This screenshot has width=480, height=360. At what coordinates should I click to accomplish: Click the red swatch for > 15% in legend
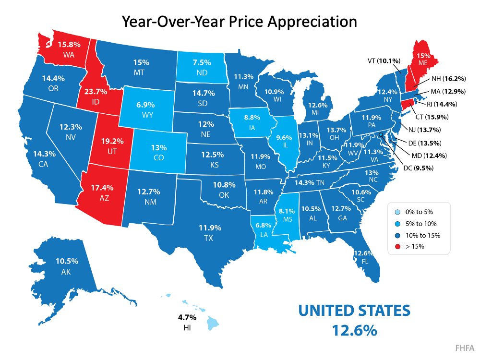point(396,247)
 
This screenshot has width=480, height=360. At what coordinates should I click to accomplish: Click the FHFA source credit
point(464,347)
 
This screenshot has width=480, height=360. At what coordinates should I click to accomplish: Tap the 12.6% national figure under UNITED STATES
point(353,330)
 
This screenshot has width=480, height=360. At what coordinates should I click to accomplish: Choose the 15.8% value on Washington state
point(69,44)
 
